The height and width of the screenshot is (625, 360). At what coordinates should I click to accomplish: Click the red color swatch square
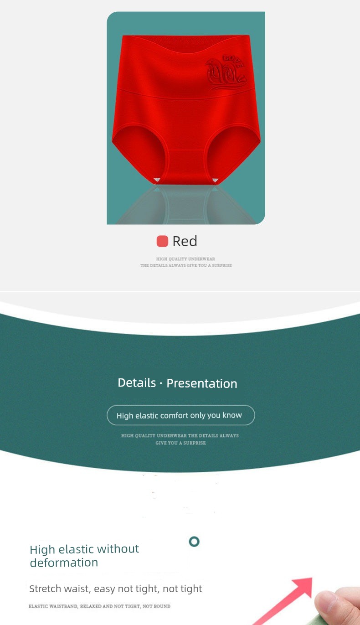[x=162, y=241]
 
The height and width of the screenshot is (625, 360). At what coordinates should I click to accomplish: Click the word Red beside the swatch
[x=185, y=241]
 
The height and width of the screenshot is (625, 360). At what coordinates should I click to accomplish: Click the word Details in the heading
[x=137, y=383]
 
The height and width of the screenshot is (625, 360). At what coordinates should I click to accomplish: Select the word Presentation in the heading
[x=202, y=384]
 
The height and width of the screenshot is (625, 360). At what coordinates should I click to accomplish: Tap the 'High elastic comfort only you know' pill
[x=181, y=415]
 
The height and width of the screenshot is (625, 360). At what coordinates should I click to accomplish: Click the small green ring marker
[x=194, y=542]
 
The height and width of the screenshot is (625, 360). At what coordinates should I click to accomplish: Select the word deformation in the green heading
[x=64, y=563]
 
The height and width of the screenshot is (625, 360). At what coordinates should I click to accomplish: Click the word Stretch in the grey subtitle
[x=45, y=589]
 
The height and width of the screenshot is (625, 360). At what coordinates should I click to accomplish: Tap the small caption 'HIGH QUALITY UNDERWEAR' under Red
[x=185, y=259]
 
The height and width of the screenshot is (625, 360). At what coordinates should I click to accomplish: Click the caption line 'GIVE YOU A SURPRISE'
[x=181, y=443]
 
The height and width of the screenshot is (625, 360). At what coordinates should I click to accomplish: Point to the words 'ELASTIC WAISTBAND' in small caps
[x=53, y=606]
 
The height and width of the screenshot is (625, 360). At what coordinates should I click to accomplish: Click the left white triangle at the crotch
[x=157, y=180]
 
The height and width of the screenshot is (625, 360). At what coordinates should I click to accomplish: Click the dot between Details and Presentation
[x=161, y=384]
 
